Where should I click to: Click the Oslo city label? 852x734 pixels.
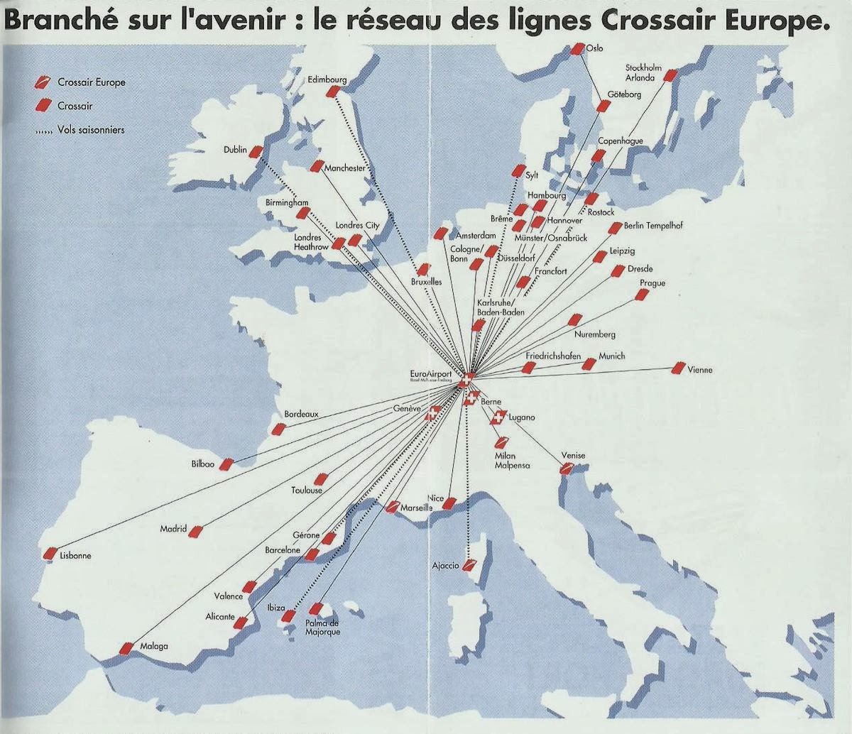tap(595, 48)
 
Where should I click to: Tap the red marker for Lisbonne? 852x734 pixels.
tap(50, 552)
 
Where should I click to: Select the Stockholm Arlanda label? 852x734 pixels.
tap(643, 72)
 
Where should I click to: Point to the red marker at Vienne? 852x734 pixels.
tap(678, 368)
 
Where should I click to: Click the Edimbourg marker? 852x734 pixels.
tap(332, 92)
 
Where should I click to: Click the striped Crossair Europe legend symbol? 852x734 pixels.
tap(43, 82)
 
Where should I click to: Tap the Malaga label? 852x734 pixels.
tap(154, 646)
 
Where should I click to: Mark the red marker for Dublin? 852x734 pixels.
tap(256, 151)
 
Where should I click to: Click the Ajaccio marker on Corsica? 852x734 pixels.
tap(469, 566)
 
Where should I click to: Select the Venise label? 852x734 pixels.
tap(573, 455)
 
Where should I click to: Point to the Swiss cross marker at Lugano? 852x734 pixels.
tap(498, 418)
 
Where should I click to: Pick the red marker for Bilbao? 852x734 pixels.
tap(226, 464)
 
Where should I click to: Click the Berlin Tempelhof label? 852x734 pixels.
tap(653, 226)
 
